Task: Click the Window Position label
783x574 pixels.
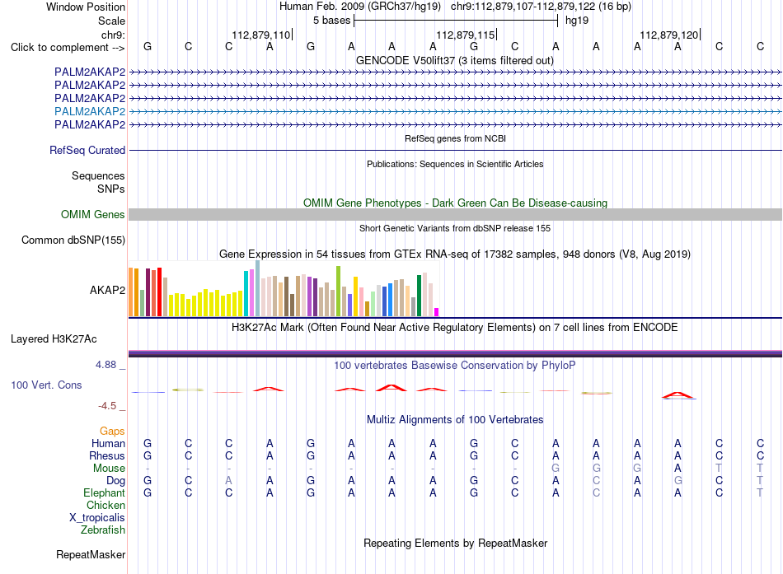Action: [x=86, y=7]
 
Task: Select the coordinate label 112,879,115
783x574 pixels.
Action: [x=466, y=35]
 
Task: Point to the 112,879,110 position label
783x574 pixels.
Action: [x=260, y=35]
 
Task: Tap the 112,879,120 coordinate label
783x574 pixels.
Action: [x=669, y=35]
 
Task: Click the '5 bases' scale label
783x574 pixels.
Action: [x=331, y=21]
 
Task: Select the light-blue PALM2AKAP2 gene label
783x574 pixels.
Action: [x=90, y=111]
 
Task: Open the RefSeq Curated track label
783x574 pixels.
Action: [x=87, y=150]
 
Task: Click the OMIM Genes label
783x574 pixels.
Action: [x=93, y=215]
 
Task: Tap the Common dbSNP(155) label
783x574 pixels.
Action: [x=73, y=240]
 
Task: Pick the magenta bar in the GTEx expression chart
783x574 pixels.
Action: [x=437, y=312]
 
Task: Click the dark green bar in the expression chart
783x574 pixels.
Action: [x=420, y=296]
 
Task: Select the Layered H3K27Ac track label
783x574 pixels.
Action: [x=54, y=339]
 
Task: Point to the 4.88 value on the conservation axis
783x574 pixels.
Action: [x=105, y=365]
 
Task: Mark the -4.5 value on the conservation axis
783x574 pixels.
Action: [x=107, y=406]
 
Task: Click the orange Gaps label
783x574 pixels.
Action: [x=112, y=431]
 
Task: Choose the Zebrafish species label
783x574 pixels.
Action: [x=103, y=530]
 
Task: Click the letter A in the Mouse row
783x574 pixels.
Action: [x=678, y=469]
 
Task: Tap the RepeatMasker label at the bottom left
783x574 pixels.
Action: [x=91, y=554]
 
